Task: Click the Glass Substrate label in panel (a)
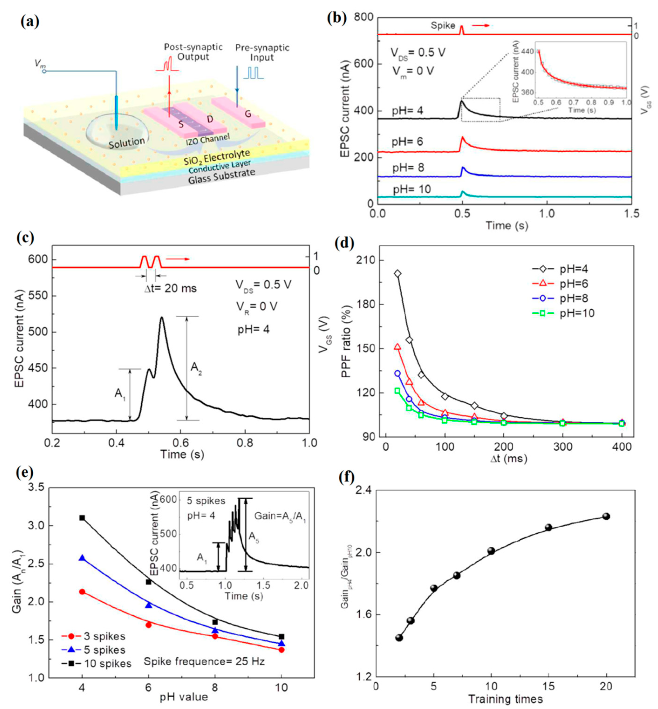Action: click(x=222, y=176)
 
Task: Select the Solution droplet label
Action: click(x=127, y=143)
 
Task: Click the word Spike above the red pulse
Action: click(x=443, y=26)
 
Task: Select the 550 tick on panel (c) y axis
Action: click(x=38, y=296)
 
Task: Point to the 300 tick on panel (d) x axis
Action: click(x=562, y=447)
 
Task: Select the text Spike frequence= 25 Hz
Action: click(x=204, y=662)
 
